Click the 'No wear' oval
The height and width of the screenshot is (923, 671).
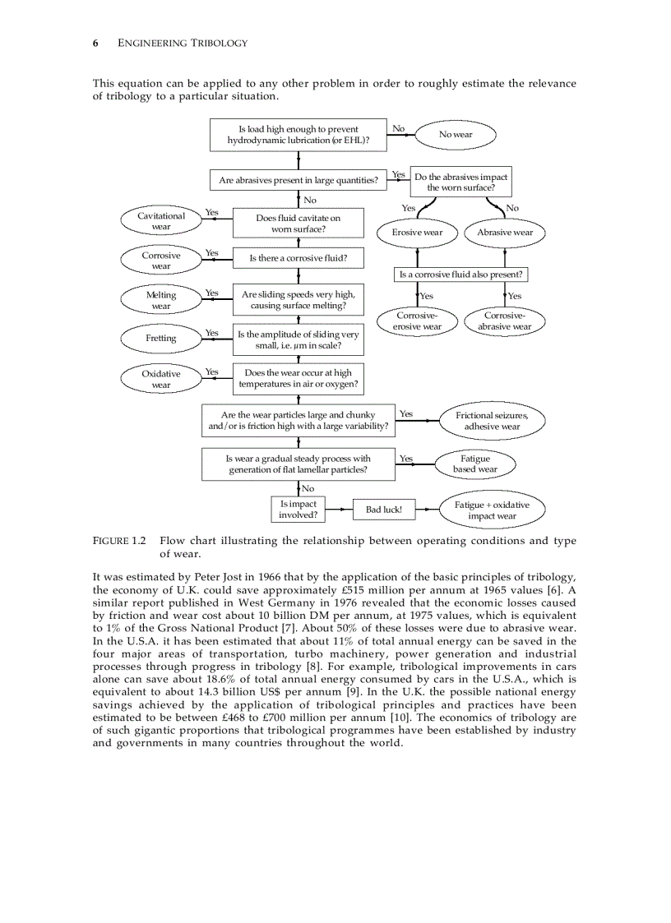(x=456, y=135)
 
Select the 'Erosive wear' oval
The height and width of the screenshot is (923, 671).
(x=418, y=233)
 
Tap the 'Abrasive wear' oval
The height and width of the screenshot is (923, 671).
(x=505, y=233)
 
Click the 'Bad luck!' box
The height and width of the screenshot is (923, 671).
(x=383, y=510)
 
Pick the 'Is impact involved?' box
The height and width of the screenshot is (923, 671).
(x=298, y=510)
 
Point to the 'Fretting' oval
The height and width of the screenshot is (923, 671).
(x=161, y=338)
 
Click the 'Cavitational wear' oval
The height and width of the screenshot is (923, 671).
(x=161, y=221)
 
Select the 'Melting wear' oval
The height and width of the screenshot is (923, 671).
(x=161, y=300)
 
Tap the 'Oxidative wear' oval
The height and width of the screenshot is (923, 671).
(x=161, y=379)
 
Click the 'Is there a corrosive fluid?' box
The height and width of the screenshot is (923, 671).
(x=298, y=258)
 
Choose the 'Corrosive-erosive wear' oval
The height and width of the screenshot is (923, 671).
(x=418, y=321)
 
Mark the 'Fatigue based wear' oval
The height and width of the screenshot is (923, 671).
(x=475, y=464)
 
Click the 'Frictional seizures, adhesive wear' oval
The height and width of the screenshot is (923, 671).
(x=492, y=421)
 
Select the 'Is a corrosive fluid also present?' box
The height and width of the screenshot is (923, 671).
(x=460, y=275)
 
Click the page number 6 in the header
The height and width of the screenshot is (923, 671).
(x=96, y=43)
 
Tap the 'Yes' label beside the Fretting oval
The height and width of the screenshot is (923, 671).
(x=211, y=333)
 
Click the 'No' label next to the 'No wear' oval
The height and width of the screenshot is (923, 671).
(x=398, y=128)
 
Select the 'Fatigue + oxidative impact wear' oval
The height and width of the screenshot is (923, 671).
(x=492, y=510)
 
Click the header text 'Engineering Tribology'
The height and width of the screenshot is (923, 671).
(x=183, y=43)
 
